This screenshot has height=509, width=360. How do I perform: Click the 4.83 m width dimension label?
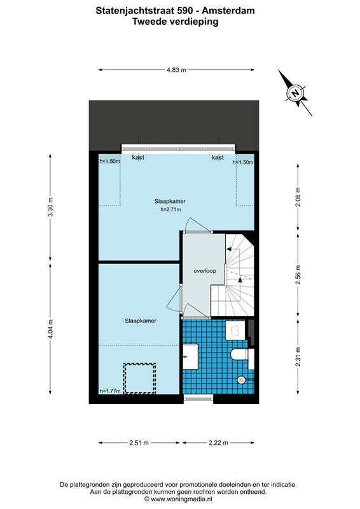coord(177,69)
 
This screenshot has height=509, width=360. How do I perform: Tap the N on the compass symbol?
coord(295,93)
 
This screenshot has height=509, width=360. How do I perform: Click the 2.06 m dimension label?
coord(298,197)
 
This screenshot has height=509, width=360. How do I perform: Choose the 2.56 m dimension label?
coord(298,275)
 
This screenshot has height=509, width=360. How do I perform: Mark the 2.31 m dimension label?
coord(298,357)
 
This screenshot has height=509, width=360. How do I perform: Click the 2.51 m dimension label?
coord(139,442)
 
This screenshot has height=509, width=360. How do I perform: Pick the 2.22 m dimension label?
coord(218,442)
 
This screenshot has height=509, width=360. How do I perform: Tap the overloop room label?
coord(205,271)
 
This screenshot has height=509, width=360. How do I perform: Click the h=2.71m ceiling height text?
coord(170,209)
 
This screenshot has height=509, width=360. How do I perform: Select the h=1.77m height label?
coord(111,391)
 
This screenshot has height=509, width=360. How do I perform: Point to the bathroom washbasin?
coord(191,357)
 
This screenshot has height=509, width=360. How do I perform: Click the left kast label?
coord(138,157)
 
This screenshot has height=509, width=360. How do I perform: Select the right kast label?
coord(218,157)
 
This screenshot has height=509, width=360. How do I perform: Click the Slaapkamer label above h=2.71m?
coord(170,201)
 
